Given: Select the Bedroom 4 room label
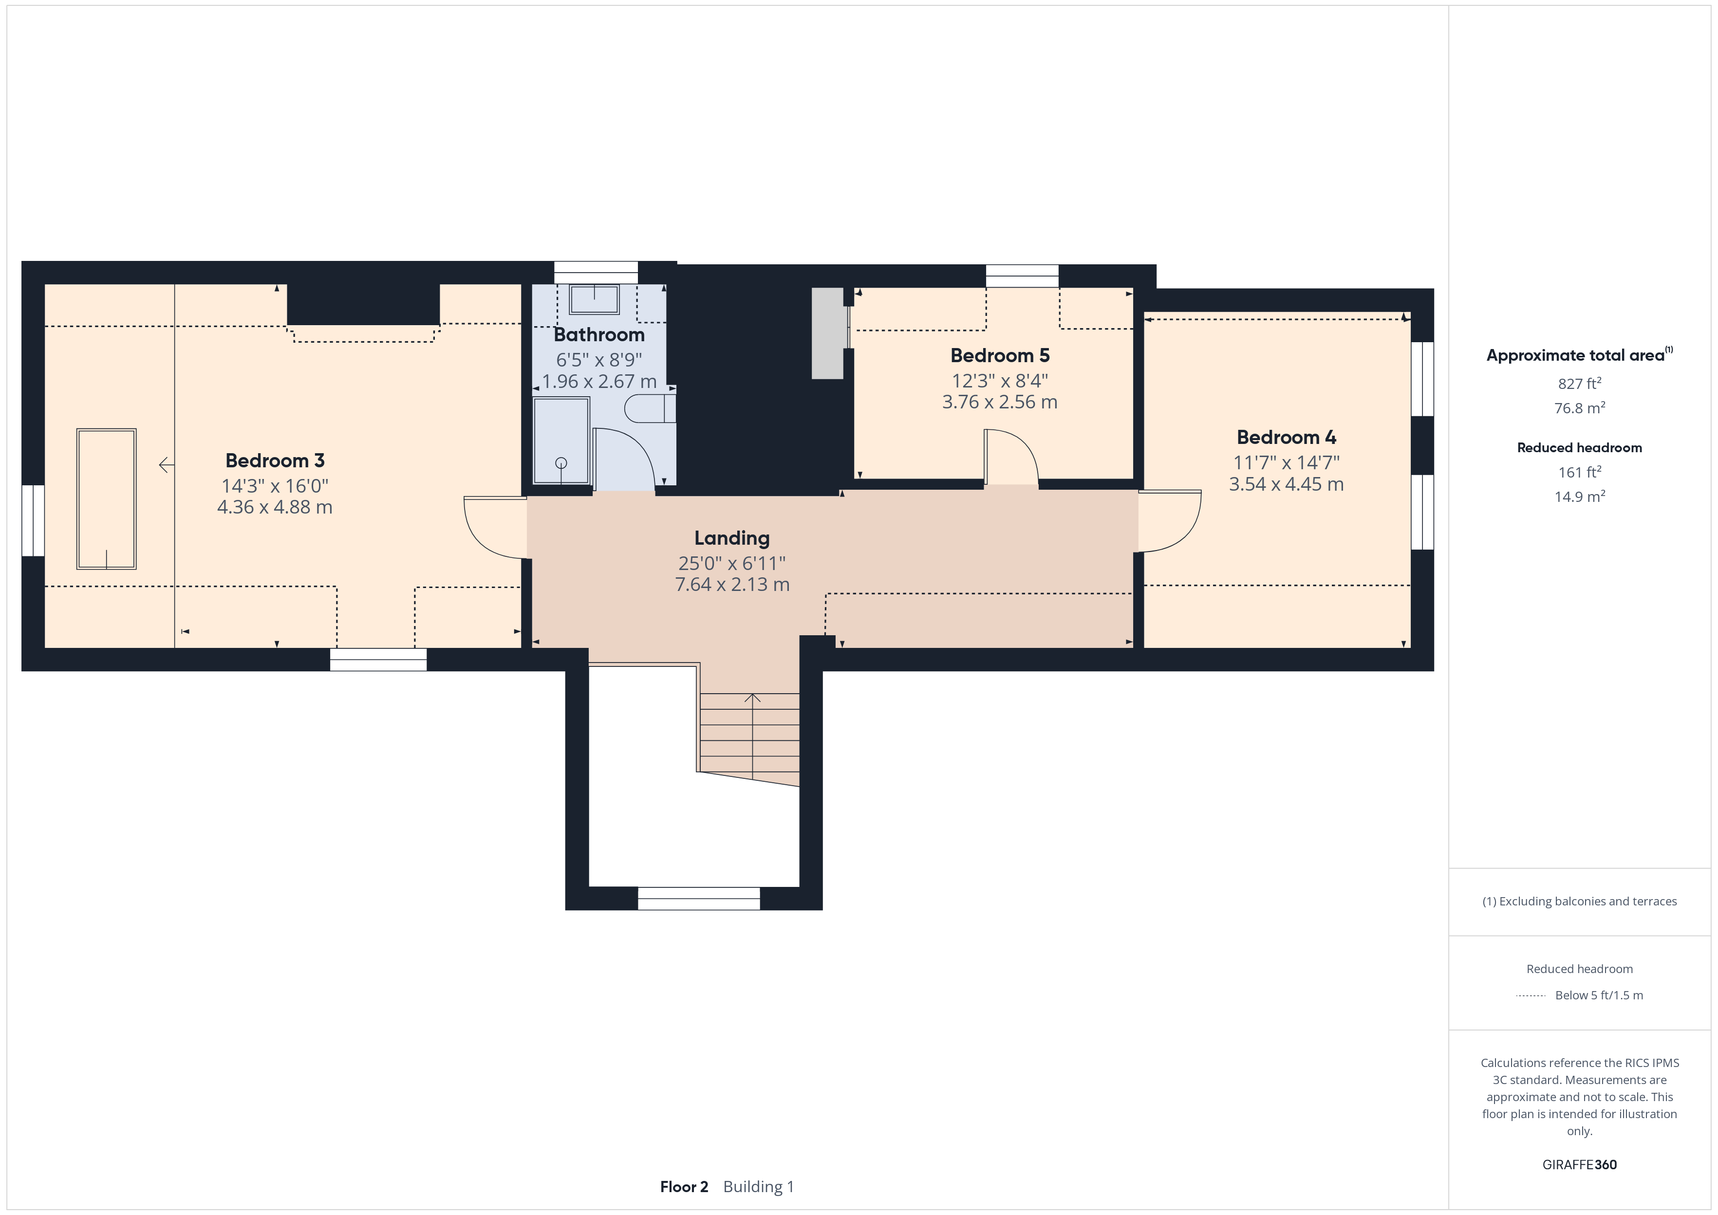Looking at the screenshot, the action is [x=1286, y=437].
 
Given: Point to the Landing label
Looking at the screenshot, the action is [x=732, y=539].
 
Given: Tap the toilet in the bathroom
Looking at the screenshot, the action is [x=650, y=408].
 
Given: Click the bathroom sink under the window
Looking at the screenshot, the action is [x=594, y=299].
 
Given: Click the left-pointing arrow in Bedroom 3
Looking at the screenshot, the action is [x=166, y=465].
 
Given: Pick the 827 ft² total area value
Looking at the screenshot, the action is [x=1580, y=383].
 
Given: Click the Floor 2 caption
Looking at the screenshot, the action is [x=684, y=1187].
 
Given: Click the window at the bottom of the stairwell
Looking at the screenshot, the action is [x=699, y=899].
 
